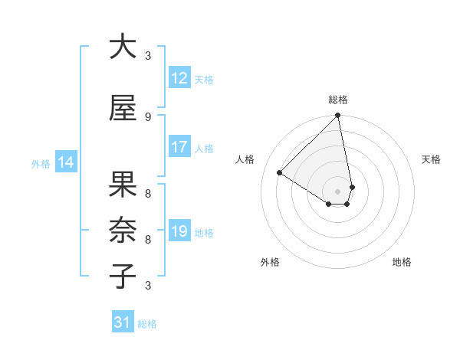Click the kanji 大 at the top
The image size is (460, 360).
click(x=123, y=47)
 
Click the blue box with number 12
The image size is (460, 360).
click(x=179, y=78)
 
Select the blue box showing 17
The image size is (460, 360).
click(x=179, y=147)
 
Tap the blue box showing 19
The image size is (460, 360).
click(x=179, y=231)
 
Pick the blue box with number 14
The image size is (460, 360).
click(x=66, y=162)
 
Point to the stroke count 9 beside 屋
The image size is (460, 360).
click(x=148, y=116)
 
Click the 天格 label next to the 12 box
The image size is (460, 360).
click(x=204, y=80)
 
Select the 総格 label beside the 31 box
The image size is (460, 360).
click(x=147, y=324)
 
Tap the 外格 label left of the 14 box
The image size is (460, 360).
click(x=41, y=164)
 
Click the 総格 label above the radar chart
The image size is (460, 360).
click(x=338, y=100)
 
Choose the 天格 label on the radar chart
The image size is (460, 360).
click(x=432, y=159)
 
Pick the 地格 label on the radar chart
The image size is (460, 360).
click(x=402, y=262)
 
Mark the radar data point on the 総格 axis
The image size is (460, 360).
click(x=338, y=116)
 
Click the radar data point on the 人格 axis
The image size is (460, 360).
click(x=280, y=173)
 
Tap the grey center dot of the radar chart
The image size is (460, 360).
click(x=338, y=191)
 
